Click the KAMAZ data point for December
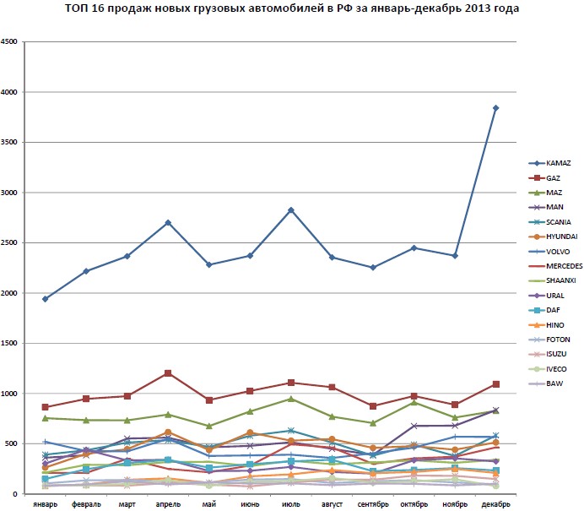coord(495,108)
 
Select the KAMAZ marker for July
coord(290,209)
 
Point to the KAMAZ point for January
coord(46,299)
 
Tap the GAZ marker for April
coord(168,373)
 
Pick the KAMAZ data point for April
coord(168,223)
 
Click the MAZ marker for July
coord(290,399)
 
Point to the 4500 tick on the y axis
coord(11,42)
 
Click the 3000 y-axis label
coord(11,193)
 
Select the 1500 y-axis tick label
coord(11,343)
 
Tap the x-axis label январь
coord(46,504)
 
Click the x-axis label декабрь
coord(495,504)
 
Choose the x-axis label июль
coord(290,504)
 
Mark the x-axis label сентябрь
coord(372,504)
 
